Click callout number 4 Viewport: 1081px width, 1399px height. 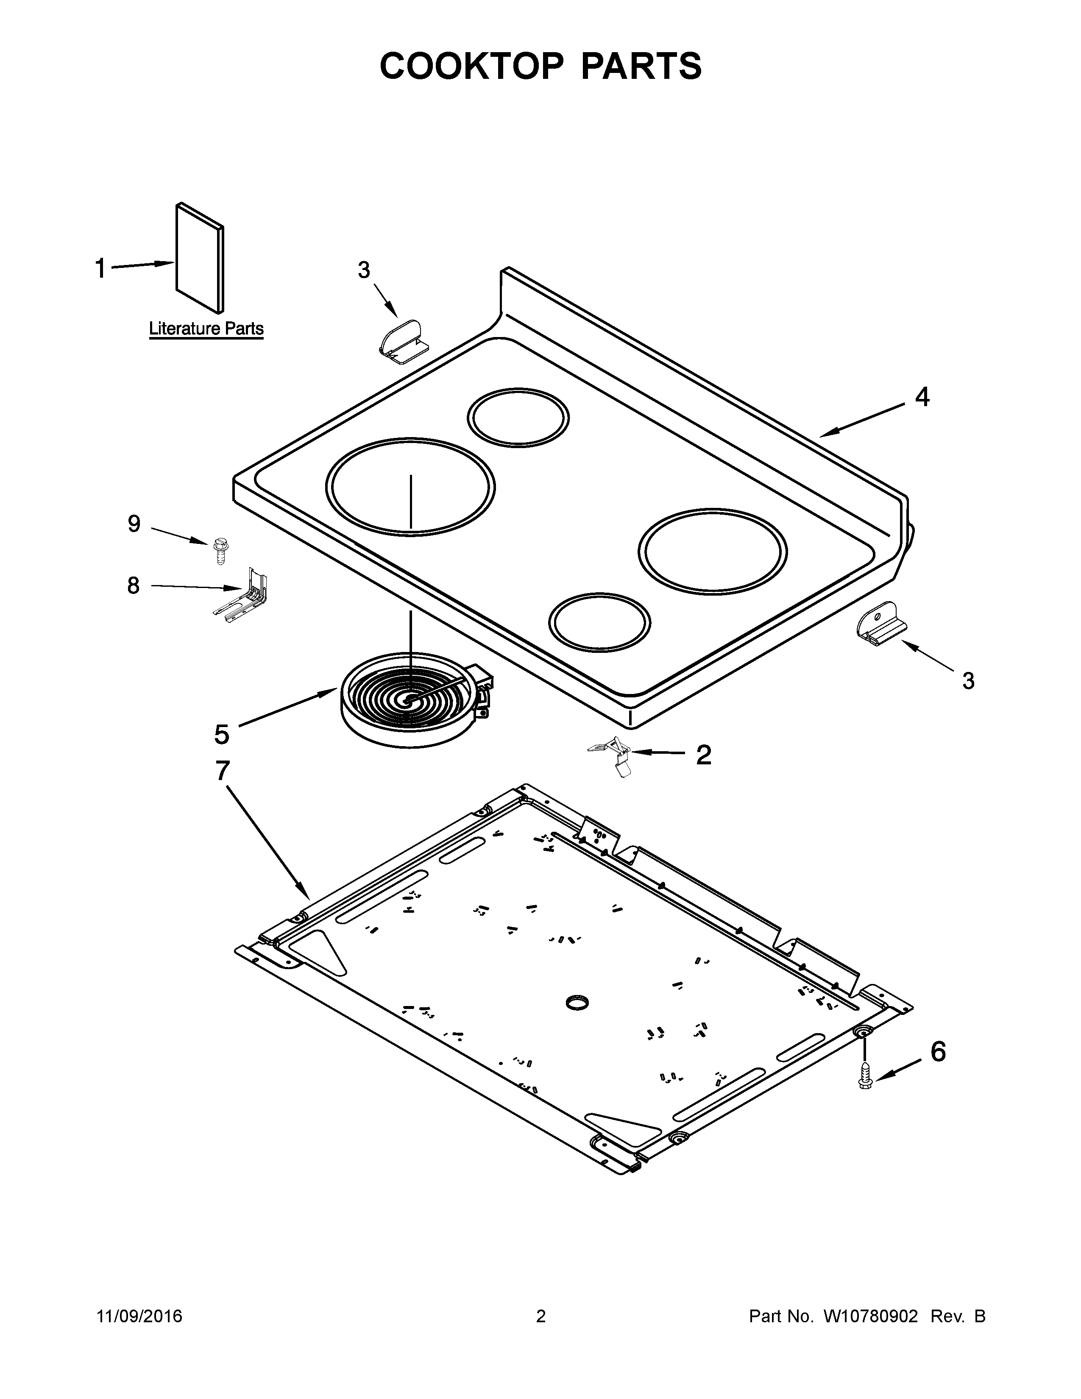(922, 397)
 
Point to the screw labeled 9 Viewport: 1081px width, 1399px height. (220, 551)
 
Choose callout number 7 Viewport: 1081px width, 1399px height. (222, 771)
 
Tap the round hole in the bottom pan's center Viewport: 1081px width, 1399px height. (579, 1003)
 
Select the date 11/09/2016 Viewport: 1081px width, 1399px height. (139, 1316)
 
